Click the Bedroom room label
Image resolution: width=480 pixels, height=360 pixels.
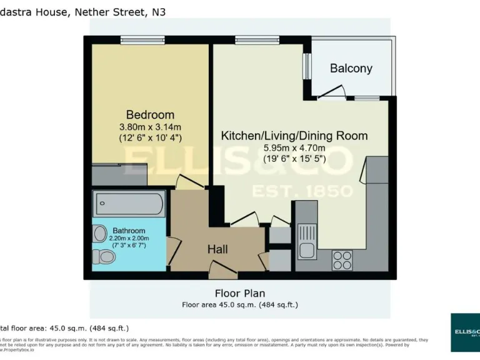[150, 115]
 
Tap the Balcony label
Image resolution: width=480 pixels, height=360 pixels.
[351, 69]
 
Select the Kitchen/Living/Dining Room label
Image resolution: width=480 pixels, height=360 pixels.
[294, 136]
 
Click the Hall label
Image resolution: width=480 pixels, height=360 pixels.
[217, 249]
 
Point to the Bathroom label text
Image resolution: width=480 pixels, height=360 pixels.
[129, 231]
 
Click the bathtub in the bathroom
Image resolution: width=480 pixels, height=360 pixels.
[129, 204]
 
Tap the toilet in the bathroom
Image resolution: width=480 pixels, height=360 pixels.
[103, 256]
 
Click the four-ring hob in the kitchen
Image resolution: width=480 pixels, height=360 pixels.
[342, 260]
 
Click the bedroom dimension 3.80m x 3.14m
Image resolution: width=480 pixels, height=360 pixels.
[150, 127]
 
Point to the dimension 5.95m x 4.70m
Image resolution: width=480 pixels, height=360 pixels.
[294, 147]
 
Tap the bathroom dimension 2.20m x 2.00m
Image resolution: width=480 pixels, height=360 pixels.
[131, 238]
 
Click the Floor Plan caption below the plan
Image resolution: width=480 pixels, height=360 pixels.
[240, 293]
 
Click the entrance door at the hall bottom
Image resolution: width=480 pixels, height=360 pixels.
[222, 270]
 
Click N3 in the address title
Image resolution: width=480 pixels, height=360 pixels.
[159, 11]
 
